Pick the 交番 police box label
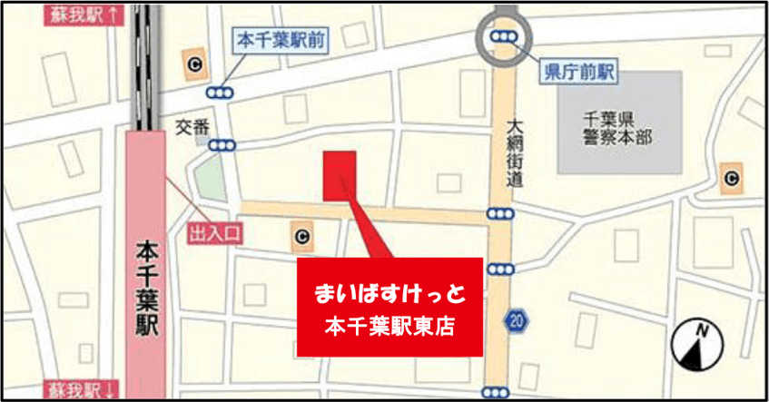pyautogui.click(x=192, y=128)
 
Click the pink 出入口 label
pyautogui.click(x=216, y=234)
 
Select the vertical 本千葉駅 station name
pyautogui.click(x=145, y=289)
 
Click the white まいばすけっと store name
pyautogui.click(x=390, y=293)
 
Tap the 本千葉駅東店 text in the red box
pyautogui.click(x=390, y=325)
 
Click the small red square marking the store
pyautogui.click(x=340, y=174)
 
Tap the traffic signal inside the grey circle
pyautogui.click(x=503, y=36)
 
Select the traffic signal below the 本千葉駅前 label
pyautogui.click(x=219, y=93)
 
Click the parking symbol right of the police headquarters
pyautogui.click(x=731, y=178)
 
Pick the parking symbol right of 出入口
pyautogui.click(x=300, y=238)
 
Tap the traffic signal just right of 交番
pyautogui.click(x=222, y=145)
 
